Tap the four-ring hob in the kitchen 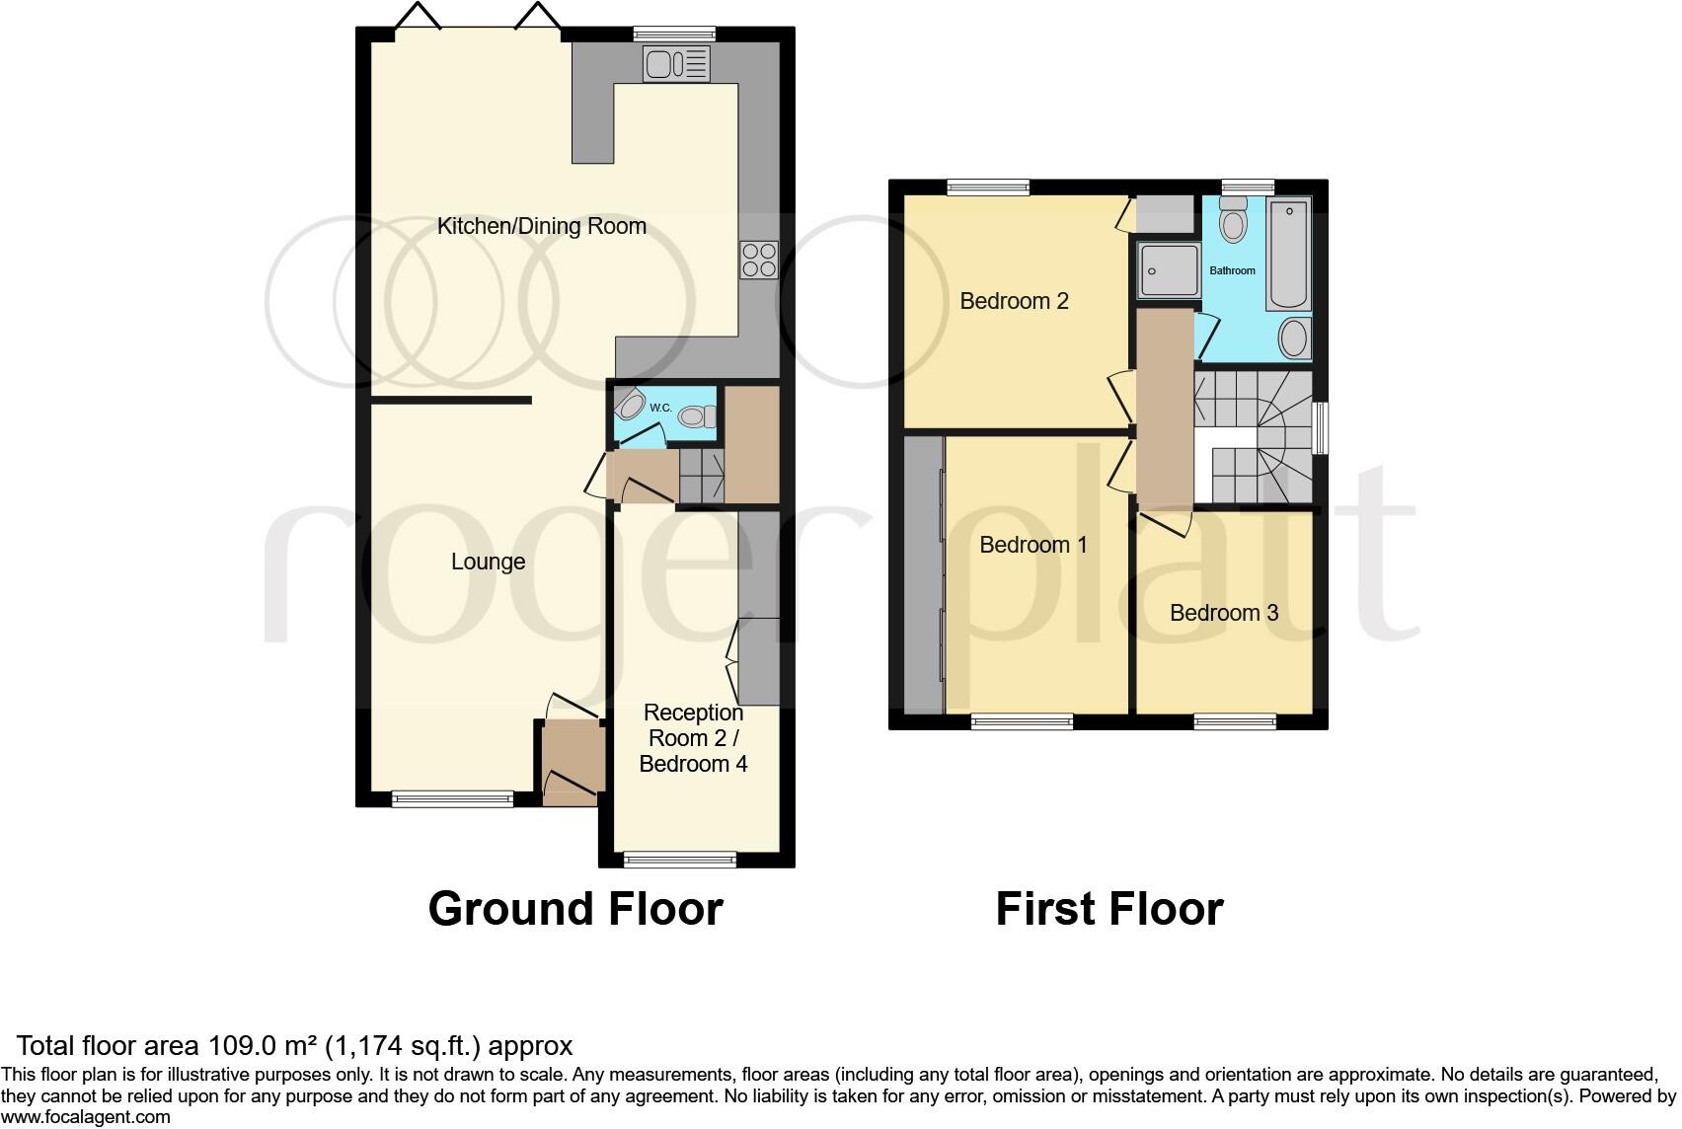[758, 260]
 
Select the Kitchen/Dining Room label [541, 226]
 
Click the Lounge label [488, 562]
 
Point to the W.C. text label [660, 408]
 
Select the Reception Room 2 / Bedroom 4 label [693, 738]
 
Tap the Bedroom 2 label [1014, 301]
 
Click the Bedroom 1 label [1032, 545]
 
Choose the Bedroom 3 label [1223, 613]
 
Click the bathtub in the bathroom [1289, 254]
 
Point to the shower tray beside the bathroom [1169, 270]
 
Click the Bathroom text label [1232, 270]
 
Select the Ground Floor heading [575, 908]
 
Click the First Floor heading [1109, 908]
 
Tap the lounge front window [452, 798]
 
